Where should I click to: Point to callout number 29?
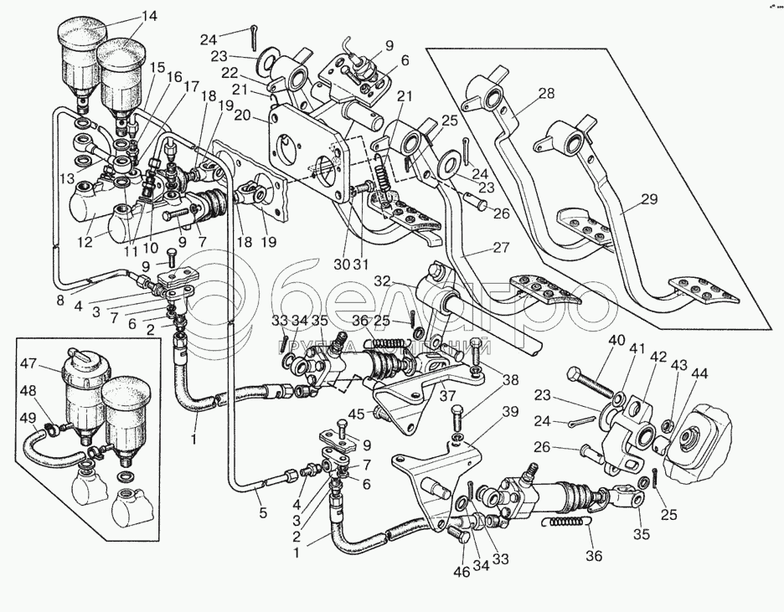click(x=649, y=199)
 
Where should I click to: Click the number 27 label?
click(x=501, y=248)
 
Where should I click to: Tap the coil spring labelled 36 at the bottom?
click(x=570, y=524)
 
